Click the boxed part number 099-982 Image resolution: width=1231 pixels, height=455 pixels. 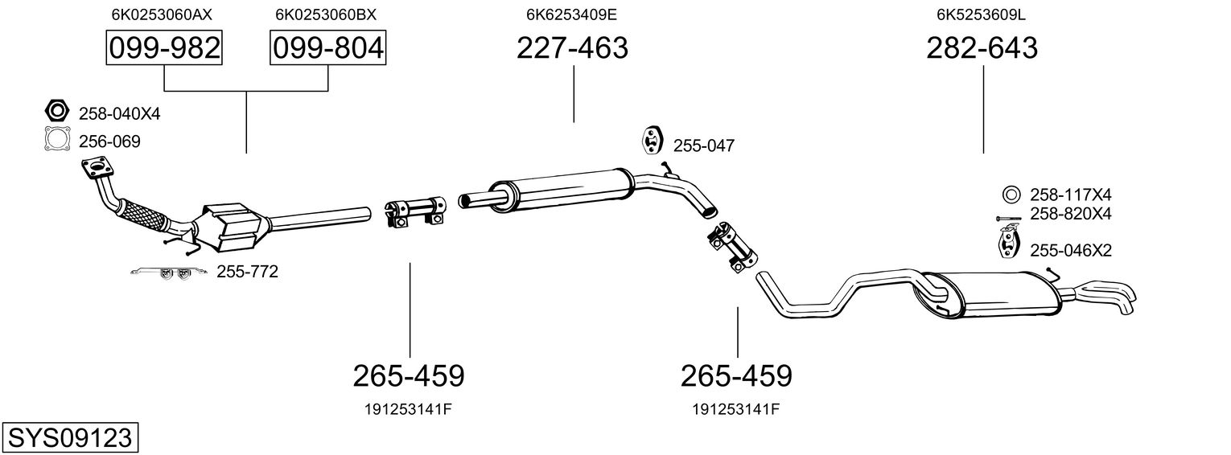pyautogui.click(x=164, y=47)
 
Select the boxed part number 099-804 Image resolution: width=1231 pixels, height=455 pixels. pyautogui.click(x=327, y=47)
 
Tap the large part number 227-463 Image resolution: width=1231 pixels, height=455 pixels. pyautogui.click(x=572, y=47)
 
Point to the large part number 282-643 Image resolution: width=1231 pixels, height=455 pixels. pyautogui.click(x=982, y=47)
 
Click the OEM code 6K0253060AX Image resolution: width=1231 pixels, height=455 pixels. pyautogui.click(x=162, y=14)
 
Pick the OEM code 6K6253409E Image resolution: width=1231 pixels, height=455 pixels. pyautogui.click(x=571, y=14)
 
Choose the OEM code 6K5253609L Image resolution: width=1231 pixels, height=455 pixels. pyautogui.click(x=981, y=14)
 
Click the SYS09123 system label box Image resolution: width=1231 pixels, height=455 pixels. pyautogui.click(x=70, y=437)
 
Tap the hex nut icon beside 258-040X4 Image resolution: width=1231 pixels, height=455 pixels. pyautogui.click(x=56, y=111)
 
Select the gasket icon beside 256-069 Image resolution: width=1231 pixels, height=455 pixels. pyautogui.click(x=57, y=139)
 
